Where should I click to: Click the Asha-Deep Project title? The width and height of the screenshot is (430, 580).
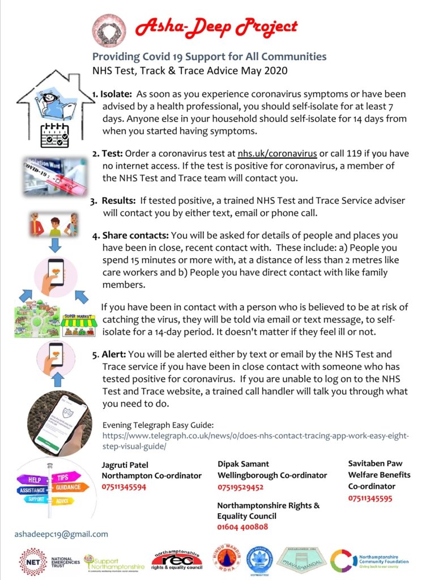tap(215, 26)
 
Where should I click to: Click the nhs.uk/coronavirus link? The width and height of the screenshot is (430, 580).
tap(276, 153)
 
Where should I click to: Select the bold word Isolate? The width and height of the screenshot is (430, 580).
tap(116, 93)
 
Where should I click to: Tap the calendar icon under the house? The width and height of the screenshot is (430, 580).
tap(55, 135)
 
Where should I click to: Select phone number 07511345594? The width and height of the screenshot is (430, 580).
tap(124, 487)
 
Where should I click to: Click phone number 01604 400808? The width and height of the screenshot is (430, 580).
tap(243, 527)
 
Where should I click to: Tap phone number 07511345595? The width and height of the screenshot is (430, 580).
tap(370, 498)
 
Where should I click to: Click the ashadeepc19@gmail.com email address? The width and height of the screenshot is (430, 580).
tap(61, 534)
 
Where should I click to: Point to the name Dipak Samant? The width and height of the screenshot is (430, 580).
tap(244, 464)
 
